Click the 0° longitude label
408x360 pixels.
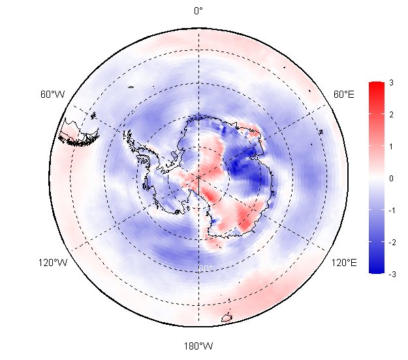[x=198, y=10]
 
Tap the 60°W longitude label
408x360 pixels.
[x=52, y=95]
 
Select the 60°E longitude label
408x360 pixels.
[x=344, y=95]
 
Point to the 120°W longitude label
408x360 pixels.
[x=52, y=263]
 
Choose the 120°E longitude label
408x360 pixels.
[x=344, y=263]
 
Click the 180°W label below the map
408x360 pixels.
[x=198, y=345]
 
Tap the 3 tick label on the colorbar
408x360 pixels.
[x=390, y=83]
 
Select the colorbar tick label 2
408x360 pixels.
[x=390, y=115]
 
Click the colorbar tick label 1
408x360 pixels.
[x=390, y=146]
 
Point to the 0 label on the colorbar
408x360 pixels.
[x=390, y=178]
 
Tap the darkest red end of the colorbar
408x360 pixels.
[x=376, y=85]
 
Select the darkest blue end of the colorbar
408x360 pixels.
[x=376, y=270]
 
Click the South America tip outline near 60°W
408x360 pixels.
[x=79, y=133]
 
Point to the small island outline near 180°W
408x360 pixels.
[x=227, y=318]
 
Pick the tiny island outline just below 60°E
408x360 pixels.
[x=321, y=132]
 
